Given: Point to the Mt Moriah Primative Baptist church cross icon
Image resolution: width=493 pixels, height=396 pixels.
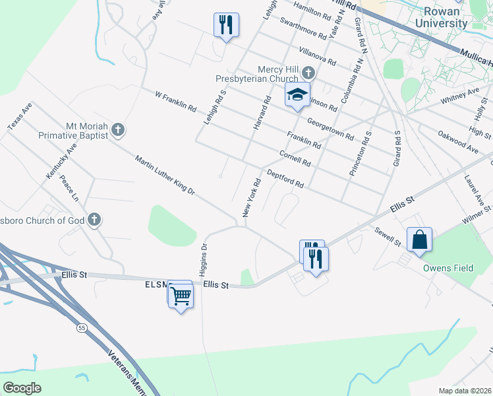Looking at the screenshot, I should tap(118, 129).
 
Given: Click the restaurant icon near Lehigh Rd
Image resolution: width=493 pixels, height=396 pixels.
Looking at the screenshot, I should tap(225, 25).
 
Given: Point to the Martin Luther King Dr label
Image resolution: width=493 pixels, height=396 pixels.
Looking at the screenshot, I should tap(165, 175).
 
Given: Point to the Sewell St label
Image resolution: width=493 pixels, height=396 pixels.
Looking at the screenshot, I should tap(388, 236).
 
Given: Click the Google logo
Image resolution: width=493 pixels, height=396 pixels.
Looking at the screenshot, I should tap(22, 387).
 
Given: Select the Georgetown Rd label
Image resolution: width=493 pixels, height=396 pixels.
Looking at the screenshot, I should tap(330, 128).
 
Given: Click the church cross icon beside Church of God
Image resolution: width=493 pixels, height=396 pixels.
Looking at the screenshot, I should tap(94, 218).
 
